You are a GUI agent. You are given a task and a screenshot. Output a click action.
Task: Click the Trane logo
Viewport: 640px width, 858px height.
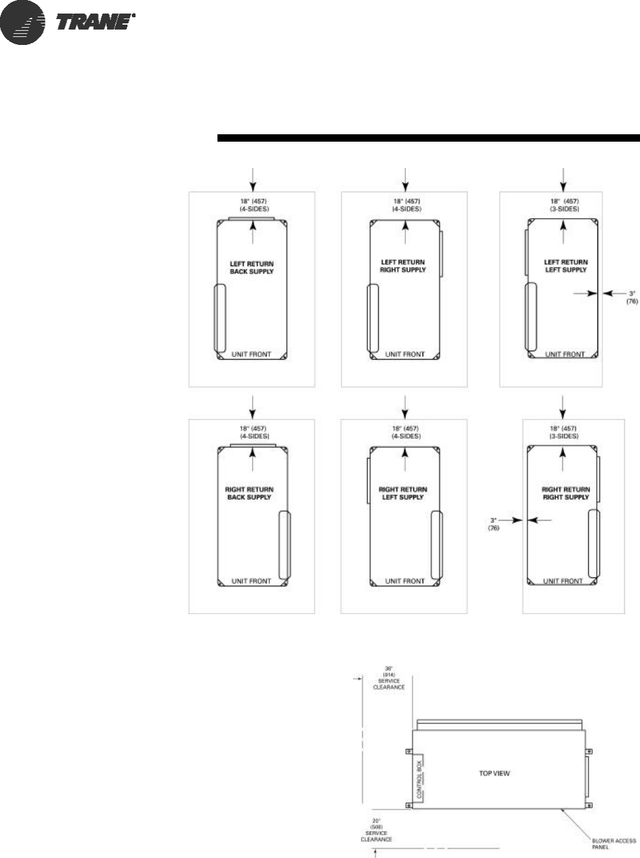coord(68,22)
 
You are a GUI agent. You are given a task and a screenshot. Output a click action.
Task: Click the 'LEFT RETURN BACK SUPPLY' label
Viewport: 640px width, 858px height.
coord(251,268)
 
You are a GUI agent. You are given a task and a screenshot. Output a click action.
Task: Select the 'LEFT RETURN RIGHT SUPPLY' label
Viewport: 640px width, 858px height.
coord(403,266)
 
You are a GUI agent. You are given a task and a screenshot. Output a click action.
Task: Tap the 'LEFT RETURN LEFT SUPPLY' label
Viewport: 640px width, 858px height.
coord(565,266)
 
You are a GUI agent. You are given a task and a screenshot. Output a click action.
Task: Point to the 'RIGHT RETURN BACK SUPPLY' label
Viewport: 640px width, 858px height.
coord(249,493)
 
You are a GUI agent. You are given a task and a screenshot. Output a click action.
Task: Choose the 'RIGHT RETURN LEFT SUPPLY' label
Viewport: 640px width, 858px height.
coord(403,493)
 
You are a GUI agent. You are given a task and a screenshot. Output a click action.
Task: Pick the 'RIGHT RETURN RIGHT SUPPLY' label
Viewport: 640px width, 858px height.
coord(565,493)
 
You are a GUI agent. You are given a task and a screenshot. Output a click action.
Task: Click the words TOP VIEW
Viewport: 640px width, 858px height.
coord(495,773)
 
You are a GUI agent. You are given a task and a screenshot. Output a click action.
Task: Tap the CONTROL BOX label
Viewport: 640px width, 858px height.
coord(420,779)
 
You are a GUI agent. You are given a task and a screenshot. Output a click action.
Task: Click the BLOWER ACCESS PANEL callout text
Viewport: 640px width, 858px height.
coord(614,844)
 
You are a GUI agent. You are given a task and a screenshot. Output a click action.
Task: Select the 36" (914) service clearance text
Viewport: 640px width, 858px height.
coord(389,678)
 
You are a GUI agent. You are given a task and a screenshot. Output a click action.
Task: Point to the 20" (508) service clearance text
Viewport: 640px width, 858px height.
coord(376,830)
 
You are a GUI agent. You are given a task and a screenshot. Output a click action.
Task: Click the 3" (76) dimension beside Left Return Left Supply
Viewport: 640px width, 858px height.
coord(632,298)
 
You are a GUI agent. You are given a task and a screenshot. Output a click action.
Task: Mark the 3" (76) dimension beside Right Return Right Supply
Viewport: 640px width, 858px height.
coord(494,524)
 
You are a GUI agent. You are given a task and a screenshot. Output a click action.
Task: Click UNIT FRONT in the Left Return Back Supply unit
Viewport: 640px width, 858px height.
coord(251,354)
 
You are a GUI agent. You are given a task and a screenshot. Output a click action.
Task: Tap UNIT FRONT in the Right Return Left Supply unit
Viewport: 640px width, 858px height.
coord(405,581)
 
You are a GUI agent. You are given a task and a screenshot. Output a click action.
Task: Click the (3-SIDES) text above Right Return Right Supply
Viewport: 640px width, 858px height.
coord(564,436)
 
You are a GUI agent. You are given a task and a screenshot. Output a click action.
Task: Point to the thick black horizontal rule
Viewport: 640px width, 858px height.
coord(428,137)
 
